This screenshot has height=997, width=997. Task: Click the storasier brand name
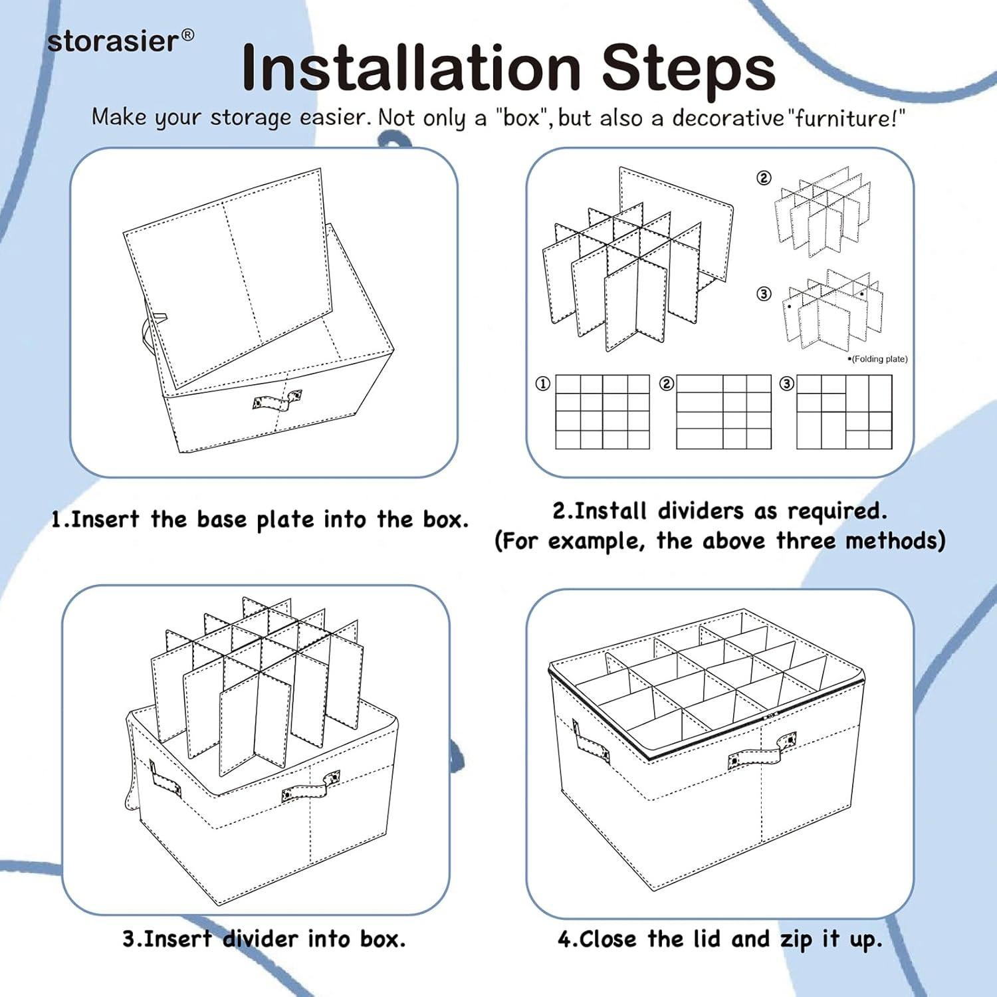click(x=112, y=42)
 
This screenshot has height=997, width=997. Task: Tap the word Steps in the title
click(x=689, y=68)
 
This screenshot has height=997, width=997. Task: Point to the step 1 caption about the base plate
click(x=260, y=519)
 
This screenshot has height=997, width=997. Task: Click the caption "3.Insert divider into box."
click(x=264, y=939)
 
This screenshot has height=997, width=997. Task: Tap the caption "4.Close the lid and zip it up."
click(x=720, y=939)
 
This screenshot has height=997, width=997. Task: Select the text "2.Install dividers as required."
click(x=720, y=510)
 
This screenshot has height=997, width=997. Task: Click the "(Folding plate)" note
click(x=878, y=359)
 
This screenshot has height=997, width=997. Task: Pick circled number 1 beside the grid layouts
click(x=543, y=384)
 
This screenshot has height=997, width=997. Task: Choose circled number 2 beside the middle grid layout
click(x=666, y=384)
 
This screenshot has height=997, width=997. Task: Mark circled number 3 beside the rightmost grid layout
click(x=786, y=384)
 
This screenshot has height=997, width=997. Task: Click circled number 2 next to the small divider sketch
click(x=764, y=178)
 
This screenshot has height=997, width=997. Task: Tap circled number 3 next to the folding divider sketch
click(x=764, y=294)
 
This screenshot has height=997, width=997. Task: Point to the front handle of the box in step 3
click(x=310, y=786)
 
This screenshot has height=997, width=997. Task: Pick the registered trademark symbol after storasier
click(x=187, y=35)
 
